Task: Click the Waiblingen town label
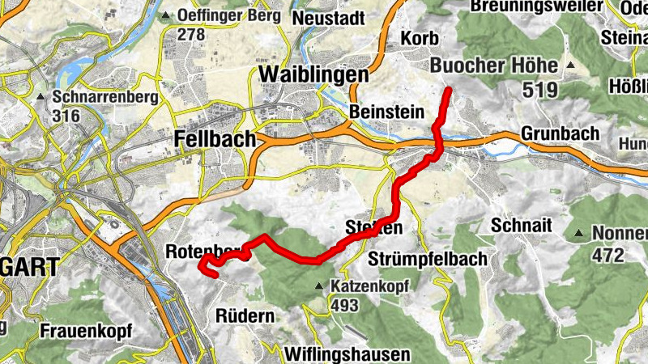[313, 74]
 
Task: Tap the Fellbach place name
[215, 140]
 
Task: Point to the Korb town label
[420, 38]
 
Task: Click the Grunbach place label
[561, 132]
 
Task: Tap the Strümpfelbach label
[427, 259]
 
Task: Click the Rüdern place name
[245, 316]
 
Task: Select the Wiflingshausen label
[347, 354]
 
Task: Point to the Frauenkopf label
[86, 331]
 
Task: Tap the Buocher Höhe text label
[494, 65]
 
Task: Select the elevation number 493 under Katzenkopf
[344, 305]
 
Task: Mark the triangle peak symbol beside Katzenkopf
[321, 286]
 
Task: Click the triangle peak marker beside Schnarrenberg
[40, 97]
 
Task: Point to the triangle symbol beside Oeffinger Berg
[167, 15]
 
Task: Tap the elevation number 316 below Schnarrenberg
[65, 116]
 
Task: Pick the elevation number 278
[192, 35]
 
